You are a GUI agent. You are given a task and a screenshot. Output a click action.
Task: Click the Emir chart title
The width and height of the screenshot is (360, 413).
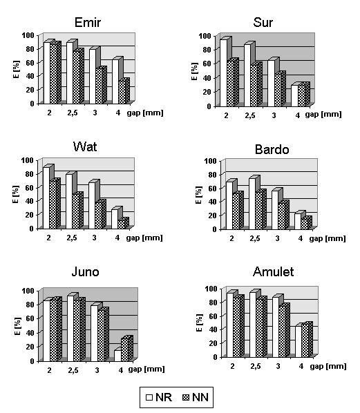tap(88, 22)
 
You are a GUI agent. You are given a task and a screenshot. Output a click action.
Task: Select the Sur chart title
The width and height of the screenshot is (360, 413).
tap(263, 22)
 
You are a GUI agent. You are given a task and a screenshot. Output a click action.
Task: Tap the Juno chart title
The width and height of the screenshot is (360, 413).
tap(85, 271)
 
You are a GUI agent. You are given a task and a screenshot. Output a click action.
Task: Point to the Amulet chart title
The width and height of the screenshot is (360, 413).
tap(273, 271)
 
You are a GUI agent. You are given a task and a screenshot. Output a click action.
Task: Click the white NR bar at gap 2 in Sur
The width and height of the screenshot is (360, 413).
tap(223, 73)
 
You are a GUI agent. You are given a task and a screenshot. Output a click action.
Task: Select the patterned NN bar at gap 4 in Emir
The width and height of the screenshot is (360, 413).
tap(122, 92)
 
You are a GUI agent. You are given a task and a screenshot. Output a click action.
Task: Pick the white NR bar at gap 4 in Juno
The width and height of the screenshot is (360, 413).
tap(117, 356)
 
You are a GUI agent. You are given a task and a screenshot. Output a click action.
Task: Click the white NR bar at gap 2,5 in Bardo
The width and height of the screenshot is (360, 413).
tap(252, 204)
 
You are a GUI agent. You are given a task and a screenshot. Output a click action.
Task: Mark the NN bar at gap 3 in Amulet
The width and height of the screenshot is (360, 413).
tap(282, 332)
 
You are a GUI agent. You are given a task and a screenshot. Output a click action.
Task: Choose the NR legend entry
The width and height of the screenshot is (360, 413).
tap(159, 397)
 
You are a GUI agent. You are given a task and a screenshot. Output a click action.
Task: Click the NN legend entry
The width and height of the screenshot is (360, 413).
tap(196, 397)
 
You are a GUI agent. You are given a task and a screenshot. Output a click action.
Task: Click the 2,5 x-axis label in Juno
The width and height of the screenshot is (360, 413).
tap(73, 370)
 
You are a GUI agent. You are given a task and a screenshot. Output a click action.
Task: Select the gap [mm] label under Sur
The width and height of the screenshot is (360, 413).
tap(323, 115)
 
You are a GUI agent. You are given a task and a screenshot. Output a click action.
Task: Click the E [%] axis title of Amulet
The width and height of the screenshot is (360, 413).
tap(200, 323)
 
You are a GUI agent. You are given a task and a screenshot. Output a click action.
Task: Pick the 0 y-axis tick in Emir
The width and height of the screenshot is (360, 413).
tap(32, 104)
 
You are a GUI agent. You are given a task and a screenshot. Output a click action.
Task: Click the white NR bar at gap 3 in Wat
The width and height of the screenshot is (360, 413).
tap(92, 206)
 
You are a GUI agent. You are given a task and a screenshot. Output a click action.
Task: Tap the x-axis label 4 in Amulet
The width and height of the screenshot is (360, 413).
tap(301, 366)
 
